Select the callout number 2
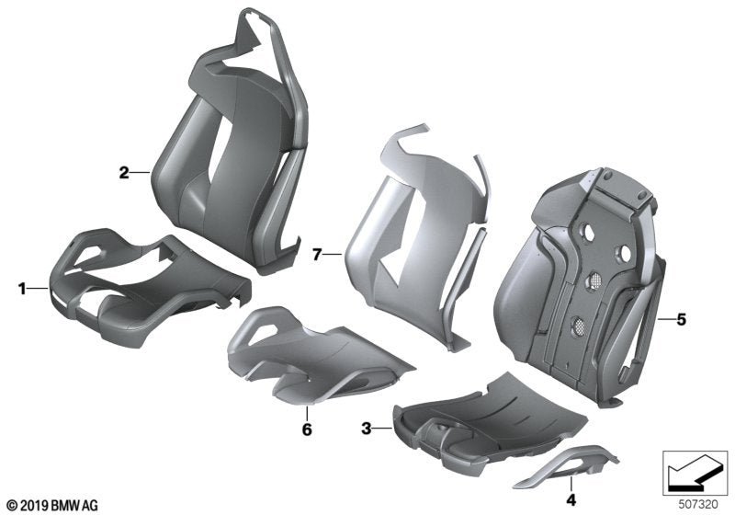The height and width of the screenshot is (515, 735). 122,172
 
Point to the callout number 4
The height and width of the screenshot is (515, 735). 571,500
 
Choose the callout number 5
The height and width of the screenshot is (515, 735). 681,320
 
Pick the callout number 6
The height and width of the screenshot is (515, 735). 307,428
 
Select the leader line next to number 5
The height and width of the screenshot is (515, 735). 667,320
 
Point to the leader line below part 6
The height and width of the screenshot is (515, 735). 307,412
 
